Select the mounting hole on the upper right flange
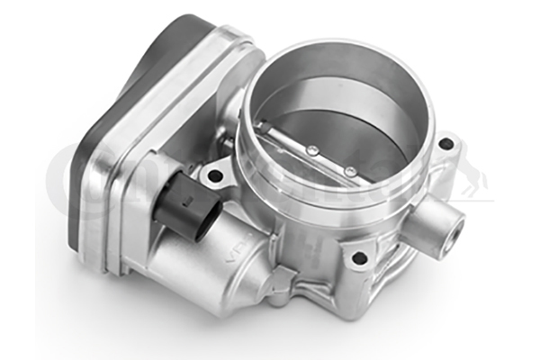coord(445,142)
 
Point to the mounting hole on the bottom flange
coord(359,258)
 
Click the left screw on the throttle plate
coord(312,150)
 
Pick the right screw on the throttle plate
coord(347,169)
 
